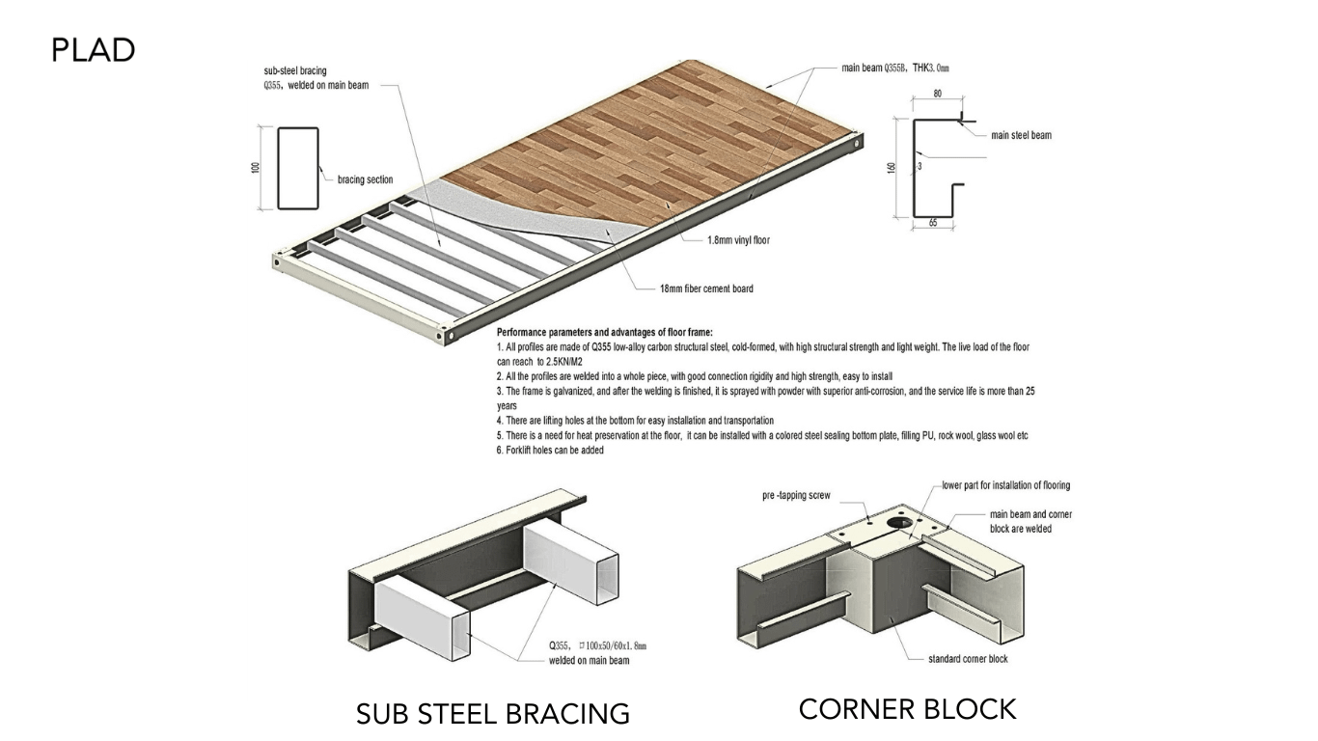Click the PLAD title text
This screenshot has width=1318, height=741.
point(94,50)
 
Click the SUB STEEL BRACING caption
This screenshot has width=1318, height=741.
point(492,714)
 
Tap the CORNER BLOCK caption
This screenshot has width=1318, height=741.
point(907,709)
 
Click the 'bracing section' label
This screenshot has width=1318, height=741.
point(365,179)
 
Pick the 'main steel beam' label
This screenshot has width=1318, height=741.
point(1021,135)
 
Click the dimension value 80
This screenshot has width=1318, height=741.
point(937,95)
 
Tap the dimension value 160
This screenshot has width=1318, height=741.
point(892,168)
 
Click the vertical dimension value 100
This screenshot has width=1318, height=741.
point(256,168)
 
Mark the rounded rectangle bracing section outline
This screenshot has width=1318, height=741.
point(298,168)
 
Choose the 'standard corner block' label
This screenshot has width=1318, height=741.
point(961,659)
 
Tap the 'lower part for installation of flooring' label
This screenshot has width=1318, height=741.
point(1006,485)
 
